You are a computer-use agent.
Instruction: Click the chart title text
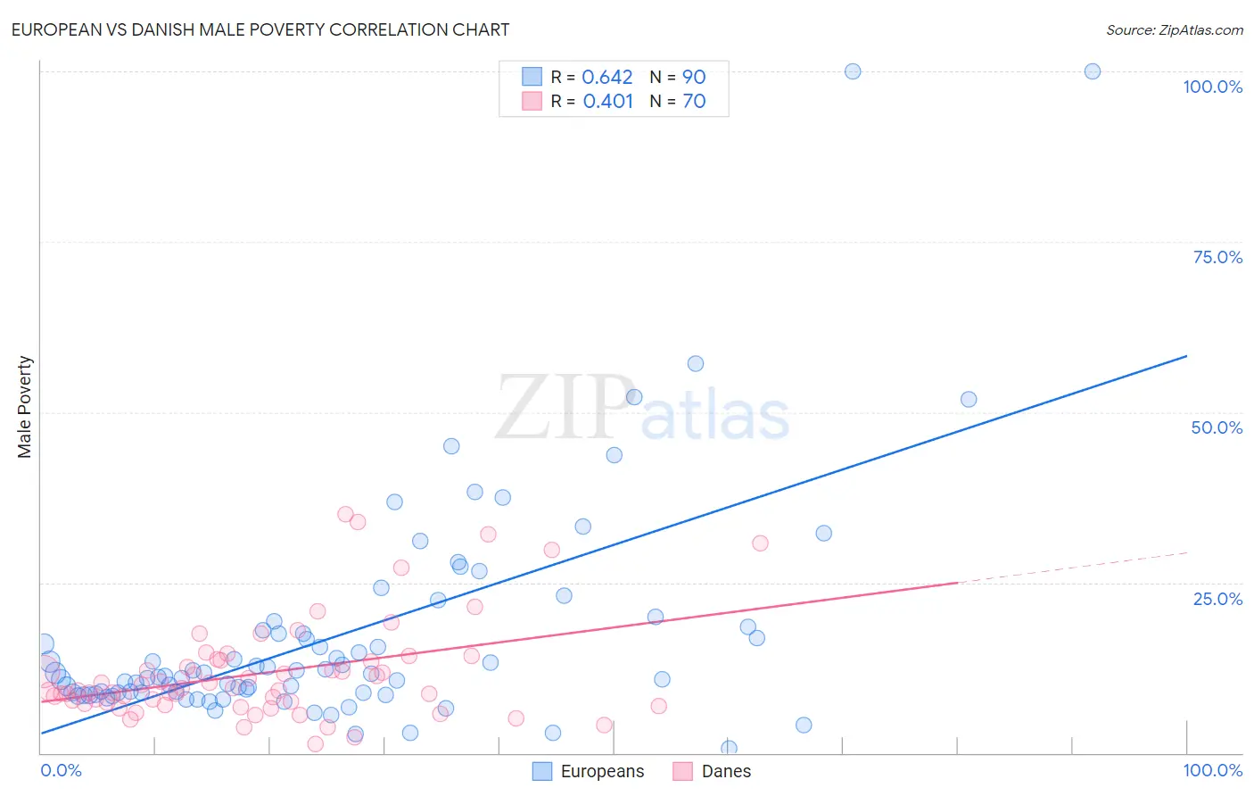click(x=260, y=29)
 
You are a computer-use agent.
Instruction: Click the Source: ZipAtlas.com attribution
click(x=1174, y=29)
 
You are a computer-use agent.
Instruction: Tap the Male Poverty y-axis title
click(x=25, y=407)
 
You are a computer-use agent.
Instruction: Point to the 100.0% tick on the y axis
click(x=1212, y=87)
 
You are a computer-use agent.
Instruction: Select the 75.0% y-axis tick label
click(x=1217, y=257)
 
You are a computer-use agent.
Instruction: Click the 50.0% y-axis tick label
click(x=1216, y=427)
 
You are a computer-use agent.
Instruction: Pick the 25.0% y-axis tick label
click(x=1217, y=599)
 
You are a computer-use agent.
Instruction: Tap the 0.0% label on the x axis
click(x=61, y=770)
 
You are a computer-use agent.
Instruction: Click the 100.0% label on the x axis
click(x=1212, y=770)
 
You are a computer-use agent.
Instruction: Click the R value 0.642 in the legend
click(x=606, y=78)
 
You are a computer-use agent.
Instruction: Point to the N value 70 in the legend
click(x=694, y=102)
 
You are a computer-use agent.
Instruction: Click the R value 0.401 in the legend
click(x=607, y=102)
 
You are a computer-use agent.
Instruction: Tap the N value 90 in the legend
click(x=694, y=78)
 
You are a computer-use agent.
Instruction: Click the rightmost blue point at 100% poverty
click(x=1092, y=71)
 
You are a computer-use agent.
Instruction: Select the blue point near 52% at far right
click(x=968, y=400)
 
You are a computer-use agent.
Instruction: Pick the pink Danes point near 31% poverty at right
click(x=760, y=543)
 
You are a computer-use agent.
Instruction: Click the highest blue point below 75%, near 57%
click(x=696, y=363)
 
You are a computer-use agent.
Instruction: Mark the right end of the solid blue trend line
click(x=1186, y=356)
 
